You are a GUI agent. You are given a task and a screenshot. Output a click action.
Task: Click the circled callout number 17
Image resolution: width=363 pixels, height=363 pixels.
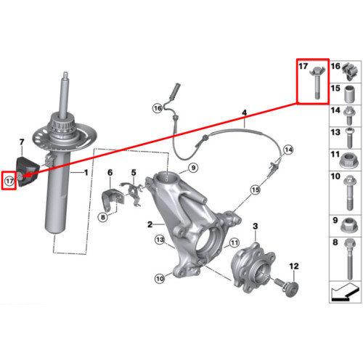pyautogui.click(x=9, y=181)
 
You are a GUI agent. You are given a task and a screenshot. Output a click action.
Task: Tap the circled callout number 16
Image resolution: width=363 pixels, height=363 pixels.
pyautogui.click(x=158, y=108)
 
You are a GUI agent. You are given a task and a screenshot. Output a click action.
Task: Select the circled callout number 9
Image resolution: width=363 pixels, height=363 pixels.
pyautogui.click(x=193, y=168)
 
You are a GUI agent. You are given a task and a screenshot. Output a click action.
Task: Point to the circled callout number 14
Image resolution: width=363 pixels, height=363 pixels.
pyautogui.click(x=288, y=150)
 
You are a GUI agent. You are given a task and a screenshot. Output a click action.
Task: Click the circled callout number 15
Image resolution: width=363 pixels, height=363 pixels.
pyautogui.click(x=256, y=190)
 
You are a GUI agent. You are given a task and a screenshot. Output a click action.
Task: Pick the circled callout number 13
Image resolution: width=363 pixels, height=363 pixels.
pyautogui.click(x=160, y=240)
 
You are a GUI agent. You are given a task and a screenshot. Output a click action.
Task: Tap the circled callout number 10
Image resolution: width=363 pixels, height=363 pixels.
pyautogui.click(x=160, y=279)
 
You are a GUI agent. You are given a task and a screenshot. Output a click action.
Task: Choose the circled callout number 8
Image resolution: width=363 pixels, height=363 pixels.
pyautogui.click(x=103, y=217)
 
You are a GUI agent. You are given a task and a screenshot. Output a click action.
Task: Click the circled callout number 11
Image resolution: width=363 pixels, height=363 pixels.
pyautogui.click(x=234, y=242)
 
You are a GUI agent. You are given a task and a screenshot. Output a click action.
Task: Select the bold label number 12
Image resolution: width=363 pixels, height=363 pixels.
pyautogui.click(x=294, y=266)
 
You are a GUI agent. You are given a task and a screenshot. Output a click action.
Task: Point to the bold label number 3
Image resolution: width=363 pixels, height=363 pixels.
pyautogui.click(x=256, y=227)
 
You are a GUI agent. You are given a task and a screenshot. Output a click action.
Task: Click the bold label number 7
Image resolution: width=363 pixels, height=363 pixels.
pyautogui.click(x=22, y=142)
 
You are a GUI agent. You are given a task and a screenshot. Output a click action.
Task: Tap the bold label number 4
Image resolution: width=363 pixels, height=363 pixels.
pyautogui.click(x=245, y=113)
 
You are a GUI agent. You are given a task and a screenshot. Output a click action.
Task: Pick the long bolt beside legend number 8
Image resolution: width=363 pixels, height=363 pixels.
pyautogui.click(x=350, y=258)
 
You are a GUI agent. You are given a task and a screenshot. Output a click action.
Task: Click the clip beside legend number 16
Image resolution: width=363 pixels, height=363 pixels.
pyautogui.click(x=349, y=71)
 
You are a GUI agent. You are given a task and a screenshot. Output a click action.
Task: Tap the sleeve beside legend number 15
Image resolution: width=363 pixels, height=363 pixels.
pyautogui.click(x=350, y=94)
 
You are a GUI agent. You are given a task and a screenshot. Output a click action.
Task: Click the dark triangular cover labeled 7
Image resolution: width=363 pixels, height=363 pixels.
pyautogui.click(x=28, y=171)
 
